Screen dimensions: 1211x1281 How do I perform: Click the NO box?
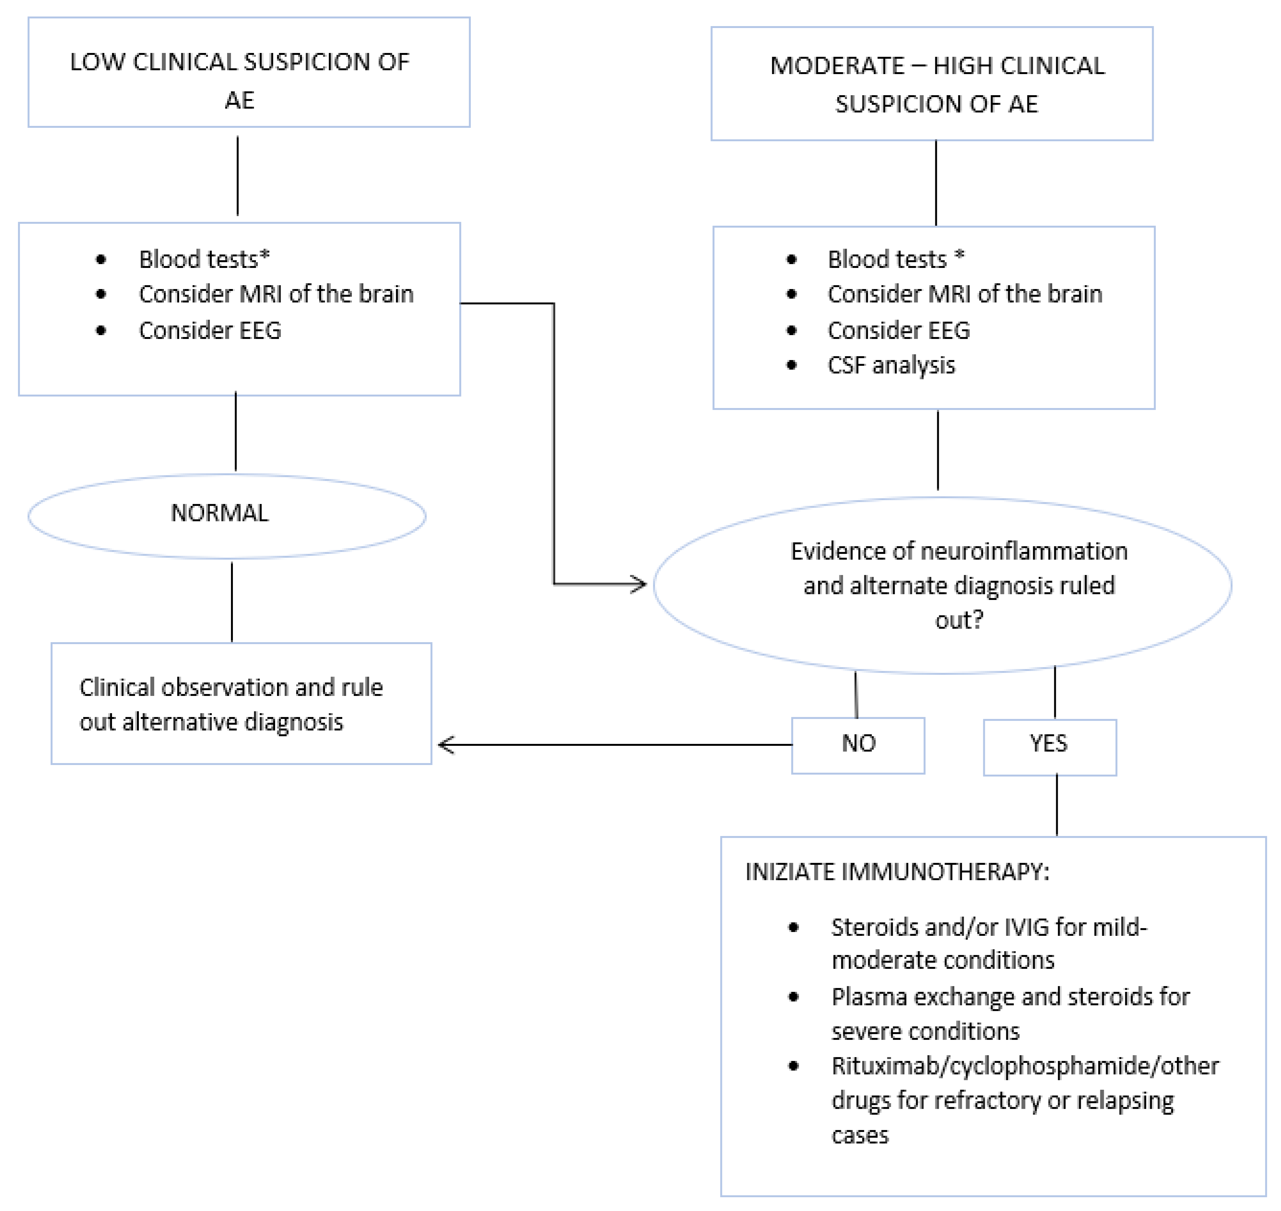(858, 745)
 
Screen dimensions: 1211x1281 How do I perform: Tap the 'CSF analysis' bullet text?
(891, 365)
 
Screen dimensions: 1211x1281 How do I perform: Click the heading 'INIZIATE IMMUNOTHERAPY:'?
(897, 872)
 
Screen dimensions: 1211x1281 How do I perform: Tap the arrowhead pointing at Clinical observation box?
(445, 745)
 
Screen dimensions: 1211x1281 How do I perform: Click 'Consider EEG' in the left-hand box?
(210, 330)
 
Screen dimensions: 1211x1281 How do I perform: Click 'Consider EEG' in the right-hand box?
(899, 330)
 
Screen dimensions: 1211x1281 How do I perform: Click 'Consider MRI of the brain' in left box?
(276, 294)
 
